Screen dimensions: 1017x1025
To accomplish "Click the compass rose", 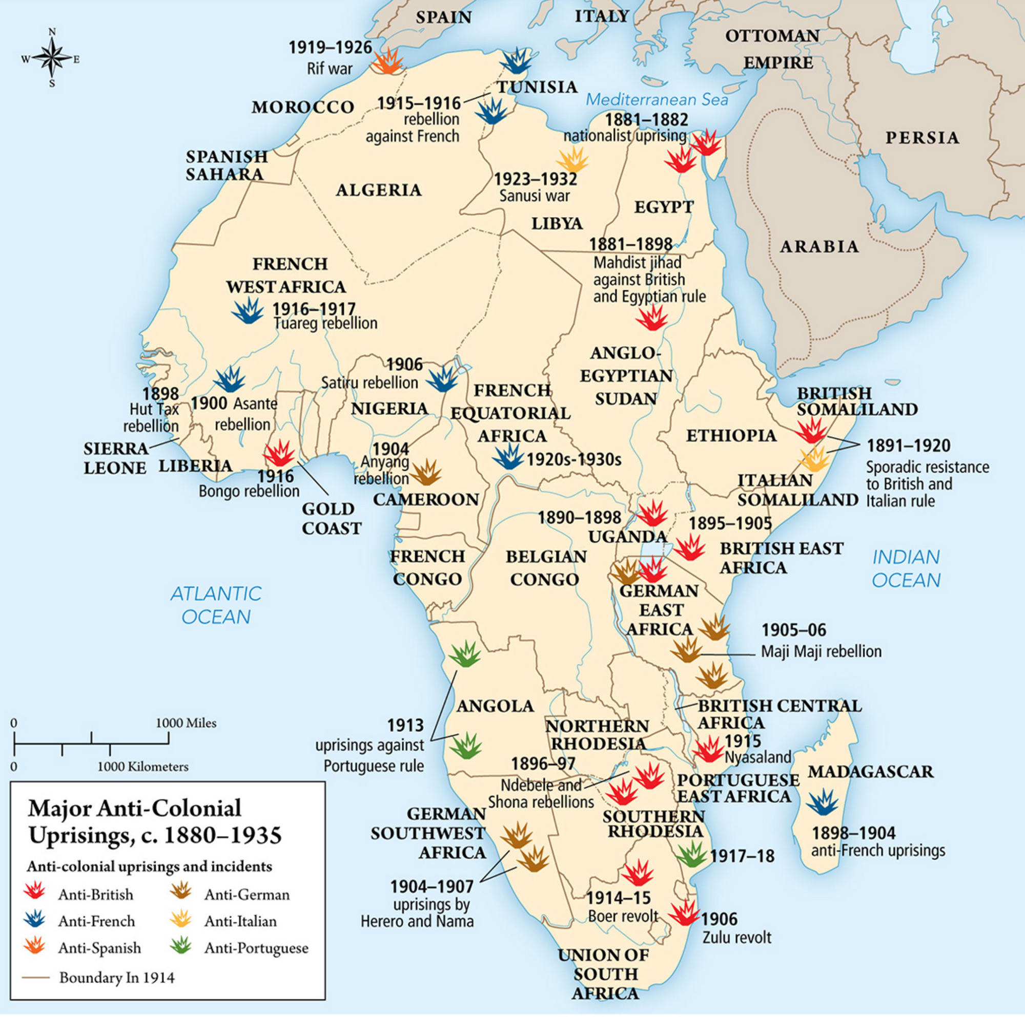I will (51, 58).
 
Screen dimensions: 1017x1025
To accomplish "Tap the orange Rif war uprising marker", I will (388, 62).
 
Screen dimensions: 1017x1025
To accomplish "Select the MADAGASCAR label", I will (870, 772).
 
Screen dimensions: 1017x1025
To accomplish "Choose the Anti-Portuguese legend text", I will (256, 948).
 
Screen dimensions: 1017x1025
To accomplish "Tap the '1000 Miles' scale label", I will (186, 723).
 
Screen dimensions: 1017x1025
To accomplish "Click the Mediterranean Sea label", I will (657, 100).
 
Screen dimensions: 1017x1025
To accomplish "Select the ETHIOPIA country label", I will (731, 436).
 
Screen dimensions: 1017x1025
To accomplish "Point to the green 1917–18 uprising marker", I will (691, 854).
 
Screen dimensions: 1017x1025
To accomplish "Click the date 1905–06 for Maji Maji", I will (794, 630).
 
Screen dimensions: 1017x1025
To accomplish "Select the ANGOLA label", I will (495, 706).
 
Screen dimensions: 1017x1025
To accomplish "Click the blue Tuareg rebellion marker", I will (248, 311).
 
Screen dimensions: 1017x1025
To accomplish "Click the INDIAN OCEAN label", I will (906, 569).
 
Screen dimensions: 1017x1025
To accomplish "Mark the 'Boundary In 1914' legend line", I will (36, 978).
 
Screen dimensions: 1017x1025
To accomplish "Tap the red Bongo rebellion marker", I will (280, 454).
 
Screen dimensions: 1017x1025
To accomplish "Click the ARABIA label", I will (818, 246).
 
